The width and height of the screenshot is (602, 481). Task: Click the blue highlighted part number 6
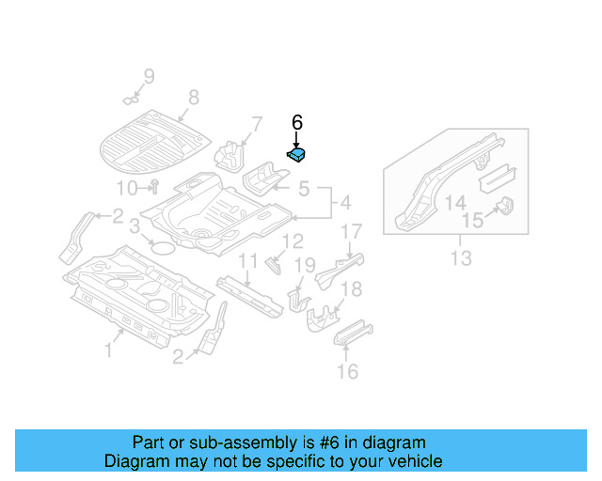point(298,155)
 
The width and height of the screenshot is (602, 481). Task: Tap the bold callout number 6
point(297,122)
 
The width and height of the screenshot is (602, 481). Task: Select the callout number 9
point(148,76)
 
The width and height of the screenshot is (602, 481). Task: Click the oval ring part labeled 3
point(161,247)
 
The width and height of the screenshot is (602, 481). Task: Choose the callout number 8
point(194,97)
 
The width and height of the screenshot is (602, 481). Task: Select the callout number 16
point(347,372)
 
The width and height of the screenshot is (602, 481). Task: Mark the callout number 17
point(350,232)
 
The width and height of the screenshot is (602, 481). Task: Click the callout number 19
point(306,266)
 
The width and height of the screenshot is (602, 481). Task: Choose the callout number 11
point(246,260)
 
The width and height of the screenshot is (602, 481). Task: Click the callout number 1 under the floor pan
point(108,350)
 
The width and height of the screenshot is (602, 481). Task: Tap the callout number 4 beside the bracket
point(344,202)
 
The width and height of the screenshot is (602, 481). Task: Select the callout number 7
point(256,125)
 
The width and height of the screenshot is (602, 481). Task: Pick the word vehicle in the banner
point(415,461)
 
